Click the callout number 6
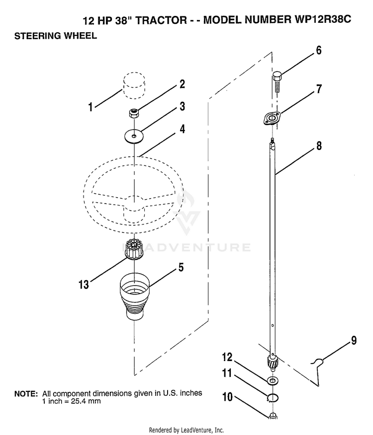(318, 51)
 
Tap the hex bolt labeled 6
(277, 82)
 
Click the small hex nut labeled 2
(134, 113)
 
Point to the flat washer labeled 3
(134, 136)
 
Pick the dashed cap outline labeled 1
(134, 85)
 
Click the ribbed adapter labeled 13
(134, 249)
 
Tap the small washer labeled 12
(273, 380)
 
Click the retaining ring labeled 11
(273, 397)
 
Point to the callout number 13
(84, 285)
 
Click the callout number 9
(354, 340)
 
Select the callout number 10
(227, 397)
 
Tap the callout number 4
(182, 129)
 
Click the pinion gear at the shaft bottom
(272, 363)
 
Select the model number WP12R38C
(321, 19)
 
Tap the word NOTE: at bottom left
(26, 394)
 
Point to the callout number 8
(319, 145)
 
